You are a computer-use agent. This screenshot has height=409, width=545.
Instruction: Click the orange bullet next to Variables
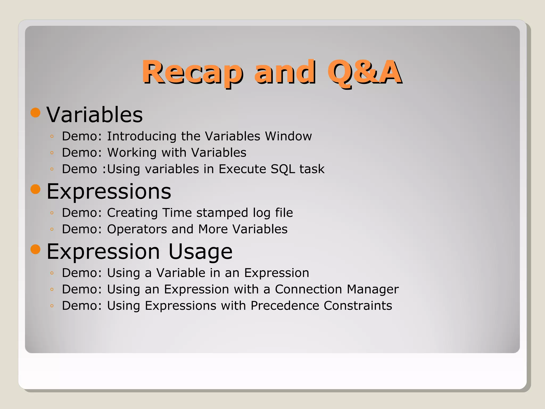[35, 113]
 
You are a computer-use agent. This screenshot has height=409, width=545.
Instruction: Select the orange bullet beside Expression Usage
[35, 250]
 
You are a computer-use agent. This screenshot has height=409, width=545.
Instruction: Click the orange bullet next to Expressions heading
[35, 189]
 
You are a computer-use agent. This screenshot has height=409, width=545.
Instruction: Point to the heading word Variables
[95, 115]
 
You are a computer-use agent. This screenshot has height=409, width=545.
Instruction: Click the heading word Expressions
[109, 191]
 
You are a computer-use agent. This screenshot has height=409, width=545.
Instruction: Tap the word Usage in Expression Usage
[200, 252]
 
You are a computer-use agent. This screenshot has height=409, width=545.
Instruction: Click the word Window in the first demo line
[288, 136]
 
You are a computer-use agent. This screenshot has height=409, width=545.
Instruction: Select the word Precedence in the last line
[285, 306]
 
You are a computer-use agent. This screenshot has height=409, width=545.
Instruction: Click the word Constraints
[358, 306]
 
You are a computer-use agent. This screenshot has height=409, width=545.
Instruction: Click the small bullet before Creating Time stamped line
[52, 213]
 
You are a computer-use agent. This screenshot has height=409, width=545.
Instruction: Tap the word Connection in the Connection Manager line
[308, 289]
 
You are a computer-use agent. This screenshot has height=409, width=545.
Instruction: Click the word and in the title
[285, 72]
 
